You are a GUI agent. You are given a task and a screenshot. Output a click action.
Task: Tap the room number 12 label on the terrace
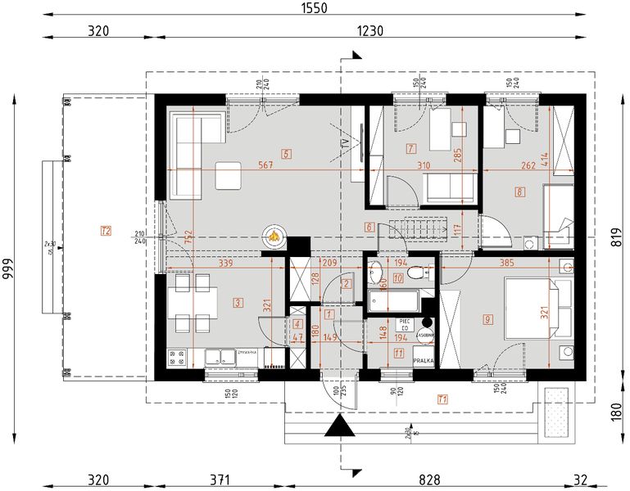click(x=105, y=231)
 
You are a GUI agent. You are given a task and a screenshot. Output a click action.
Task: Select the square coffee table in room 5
click(x=228, y=174)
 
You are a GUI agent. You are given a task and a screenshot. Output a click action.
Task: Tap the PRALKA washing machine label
click(x=424, y=359)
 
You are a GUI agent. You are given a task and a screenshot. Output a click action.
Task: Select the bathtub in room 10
click(x=394, y=300)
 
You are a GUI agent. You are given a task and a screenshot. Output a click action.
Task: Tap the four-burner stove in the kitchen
click(x=177, y=357)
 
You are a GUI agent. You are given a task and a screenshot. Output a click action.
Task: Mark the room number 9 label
click(x=487, y=318)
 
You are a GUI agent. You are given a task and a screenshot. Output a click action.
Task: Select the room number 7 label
click(x=410, y=148)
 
